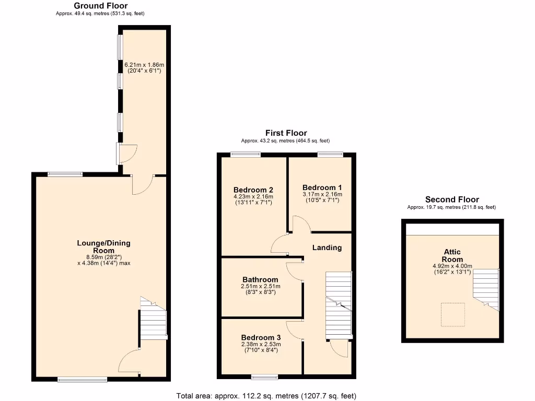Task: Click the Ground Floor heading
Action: (100, 6)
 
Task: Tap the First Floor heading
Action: (286, 133)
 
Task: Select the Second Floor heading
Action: (452, 199)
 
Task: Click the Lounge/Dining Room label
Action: (103, 246)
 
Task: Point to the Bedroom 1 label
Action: (322, 187)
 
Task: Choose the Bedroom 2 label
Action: (253, 190)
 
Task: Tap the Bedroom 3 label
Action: (261, 337)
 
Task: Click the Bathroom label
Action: (260, 279)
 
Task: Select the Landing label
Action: (327, 247)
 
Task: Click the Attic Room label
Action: (452, 255)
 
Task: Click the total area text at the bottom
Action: (266, 396)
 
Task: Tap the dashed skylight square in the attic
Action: (452, 315)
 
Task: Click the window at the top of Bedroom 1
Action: (330, 154)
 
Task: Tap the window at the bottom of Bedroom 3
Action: (264, 376)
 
